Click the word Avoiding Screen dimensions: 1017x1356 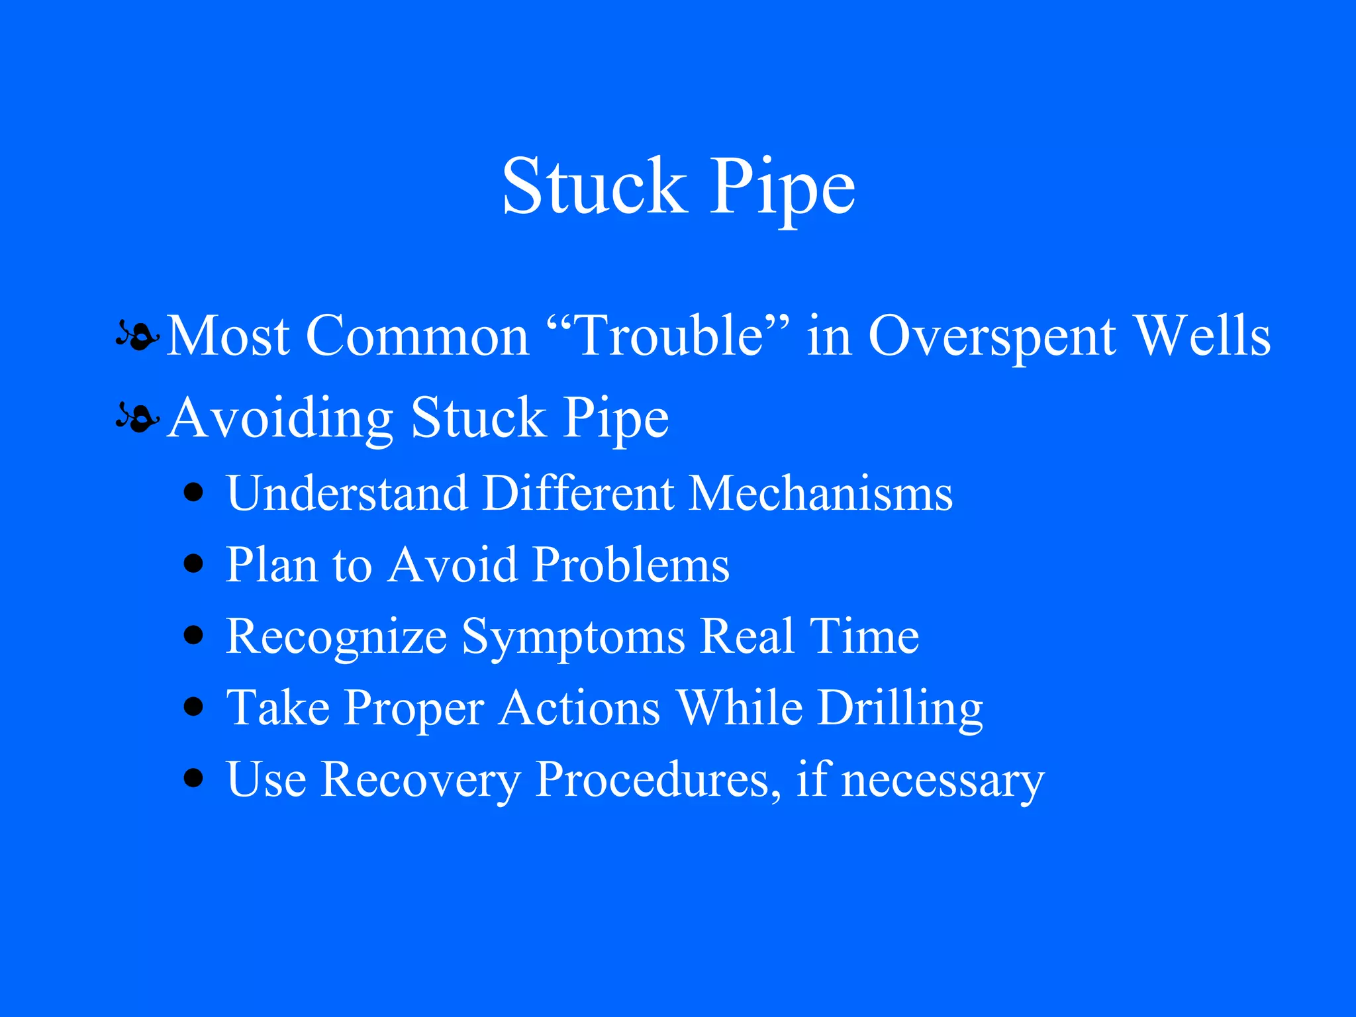tap(280, 418)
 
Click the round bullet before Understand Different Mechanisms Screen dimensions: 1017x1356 tap(193, 493)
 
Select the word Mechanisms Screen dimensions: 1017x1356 tap(820, 493)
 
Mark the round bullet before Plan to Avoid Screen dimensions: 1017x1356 tap(193, 564)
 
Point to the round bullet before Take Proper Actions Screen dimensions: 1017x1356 tap(193, 706)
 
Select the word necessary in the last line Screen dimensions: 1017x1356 tap(943, 781)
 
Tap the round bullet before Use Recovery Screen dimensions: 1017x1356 tap(193, 778)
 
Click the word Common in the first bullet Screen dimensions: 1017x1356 tap(417, 336)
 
